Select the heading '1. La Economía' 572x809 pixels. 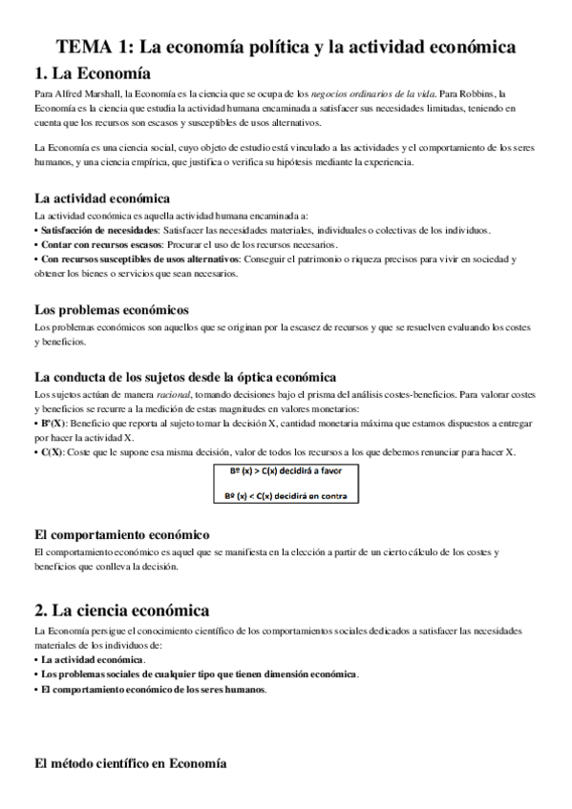pos(92,73)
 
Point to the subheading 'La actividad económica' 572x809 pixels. pos(101,198)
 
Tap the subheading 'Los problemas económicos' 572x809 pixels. pos(110,309)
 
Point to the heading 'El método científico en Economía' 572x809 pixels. pos(130,763)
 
